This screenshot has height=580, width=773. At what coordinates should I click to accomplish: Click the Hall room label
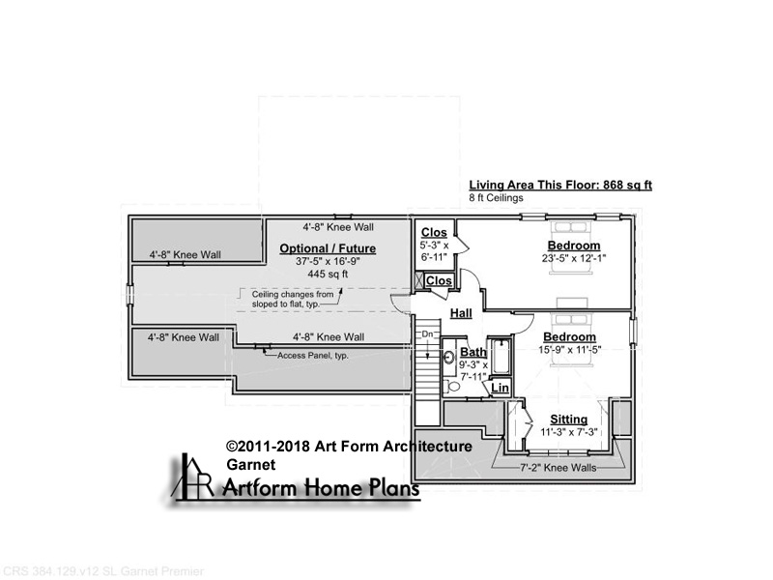coord(461,313)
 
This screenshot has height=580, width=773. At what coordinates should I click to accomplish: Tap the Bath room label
coord(473,352)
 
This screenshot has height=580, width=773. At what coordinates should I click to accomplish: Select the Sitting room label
coord(569,420)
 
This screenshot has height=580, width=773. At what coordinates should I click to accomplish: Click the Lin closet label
coord(500,388)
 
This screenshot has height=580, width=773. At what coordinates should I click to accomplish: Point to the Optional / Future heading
coord(328,248)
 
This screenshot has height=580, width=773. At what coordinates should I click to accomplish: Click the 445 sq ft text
coord(328,274)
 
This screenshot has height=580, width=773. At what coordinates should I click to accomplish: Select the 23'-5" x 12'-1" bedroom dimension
coord(574,258)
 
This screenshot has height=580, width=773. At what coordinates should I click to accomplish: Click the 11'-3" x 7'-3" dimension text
coord(569,432)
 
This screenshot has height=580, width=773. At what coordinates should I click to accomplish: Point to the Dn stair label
coord(427,333)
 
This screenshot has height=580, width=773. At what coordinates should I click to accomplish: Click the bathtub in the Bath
coord(501,356)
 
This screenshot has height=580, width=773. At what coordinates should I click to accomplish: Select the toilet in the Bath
coord(451,386)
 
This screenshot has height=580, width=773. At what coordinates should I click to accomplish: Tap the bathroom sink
coord(449,357)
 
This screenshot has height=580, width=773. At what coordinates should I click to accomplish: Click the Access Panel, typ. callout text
coord(312,356)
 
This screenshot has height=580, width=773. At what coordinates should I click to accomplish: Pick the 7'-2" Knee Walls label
coord(558,468)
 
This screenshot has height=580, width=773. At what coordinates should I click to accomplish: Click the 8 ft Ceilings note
coord(496,198)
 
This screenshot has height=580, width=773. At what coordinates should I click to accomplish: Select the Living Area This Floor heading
coord(560,185)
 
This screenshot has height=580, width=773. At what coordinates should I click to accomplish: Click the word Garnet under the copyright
coord(251,465)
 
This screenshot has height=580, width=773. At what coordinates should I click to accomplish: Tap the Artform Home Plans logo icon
coord(191,476)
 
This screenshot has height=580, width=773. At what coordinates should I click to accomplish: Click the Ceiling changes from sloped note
coord(293,300)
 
